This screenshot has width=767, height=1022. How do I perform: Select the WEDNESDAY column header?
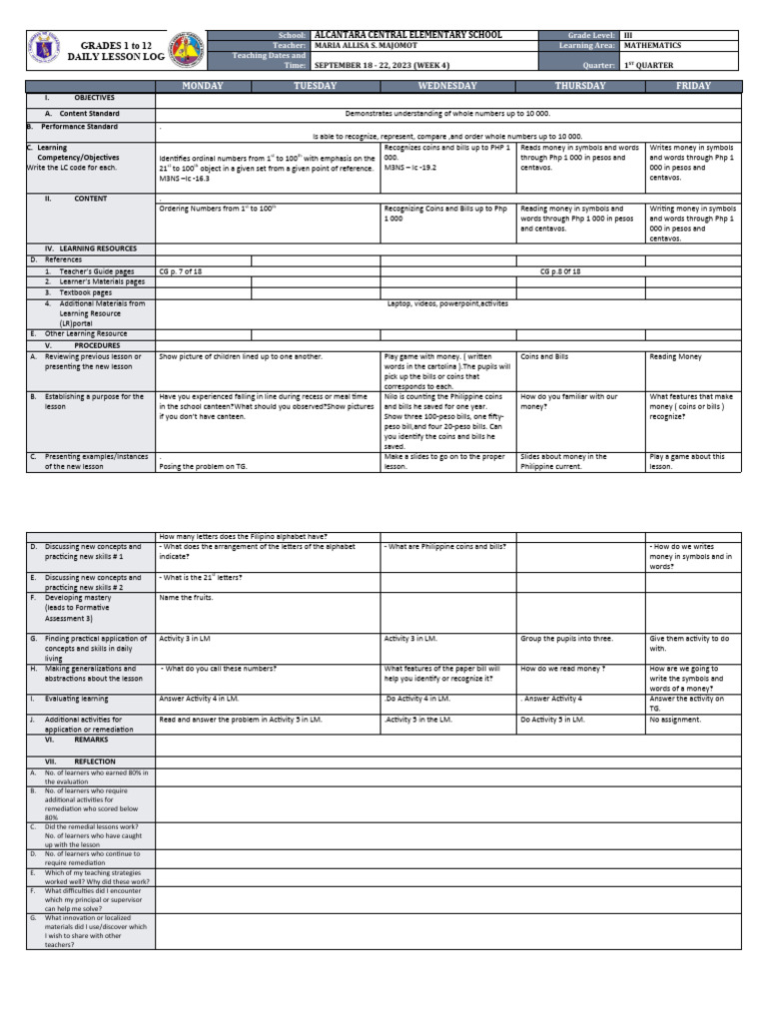pos(447,86)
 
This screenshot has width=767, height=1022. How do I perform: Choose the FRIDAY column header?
pos(694,86)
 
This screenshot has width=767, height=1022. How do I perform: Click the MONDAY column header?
pos(202,86)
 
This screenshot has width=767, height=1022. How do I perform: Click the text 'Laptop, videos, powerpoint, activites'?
pos(447,303)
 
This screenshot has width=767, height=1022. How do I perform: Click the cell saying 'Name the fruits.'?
pos(186,598)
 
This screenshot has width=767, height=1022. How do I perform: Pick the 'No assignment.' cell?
pos(675,719)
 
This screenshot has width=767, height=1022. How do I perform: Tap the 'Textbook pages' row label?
pos(85,292)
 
